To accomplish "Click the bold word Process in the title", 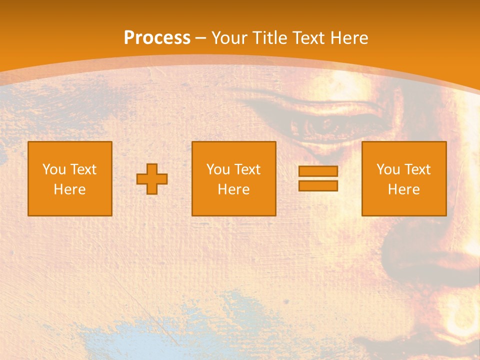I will point(157,38).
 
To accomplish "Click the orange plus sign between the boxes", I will point(152,179).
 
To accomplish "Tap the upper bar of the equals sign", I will point(318,171).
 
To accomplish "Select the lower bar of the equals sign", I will point(318,186).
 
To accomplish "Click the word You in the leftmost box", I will point(54,169).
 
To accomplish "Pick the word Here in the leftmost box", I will point(69,189).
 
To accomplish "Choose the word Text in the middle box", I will point(247,169).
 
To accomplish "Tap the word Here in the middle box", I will point(233,189).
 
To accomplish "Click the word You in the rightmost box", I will point(388,169).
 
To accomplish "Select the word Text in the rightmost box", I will point(417,169).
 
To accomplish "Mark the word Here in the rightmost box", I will point(403,189).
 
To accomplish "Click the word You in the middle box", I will point(218,169).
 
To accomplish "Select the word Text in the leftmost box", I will point(83,169).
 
